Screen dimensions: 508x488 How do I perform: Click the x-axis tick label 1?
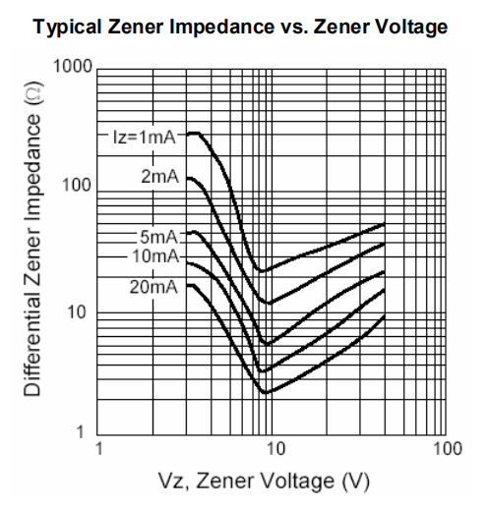point(98,450)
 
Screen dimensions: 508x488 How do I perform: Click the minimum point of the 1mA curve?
point(261,270)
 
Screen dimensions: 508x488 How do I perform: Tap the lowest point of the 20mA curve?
point(265,392)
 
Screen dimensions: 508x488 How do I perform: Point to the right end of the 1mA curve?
point(384,224)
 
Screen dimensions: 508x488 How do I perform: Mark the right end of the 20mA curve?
point(384,315)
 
